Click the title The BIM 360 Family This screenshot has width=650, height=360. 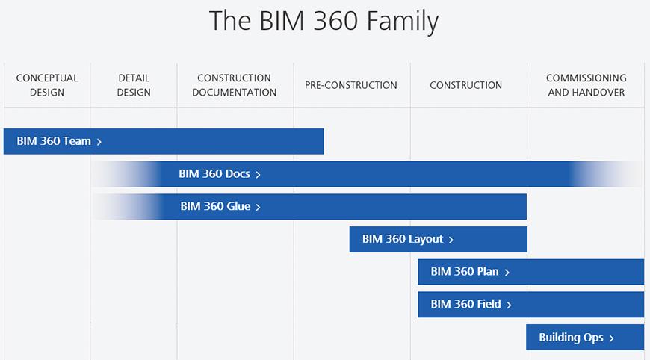tap(324, 21)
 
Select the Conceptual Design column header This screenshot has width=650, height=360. tap(47, 85)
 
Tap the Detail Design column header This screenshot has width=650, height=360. tap(134, 85)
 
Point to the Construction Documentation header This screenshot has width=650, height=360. tap(234, 85)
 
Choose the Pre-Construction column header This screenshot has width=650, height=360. tap(350, 85)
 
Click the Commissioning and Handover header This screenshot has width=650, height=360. tap(586, 85)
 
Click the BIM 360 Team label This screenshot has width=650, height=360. tap(54, 141)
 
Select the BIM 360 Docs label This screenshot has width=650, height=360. tap(214, 173)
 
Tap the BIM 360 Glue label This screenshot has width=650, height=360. tap(215, 206)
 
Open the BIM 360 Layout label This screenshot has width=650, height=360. tap(403, 239)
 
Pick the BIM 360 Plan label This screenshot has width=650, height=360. tap(464, 272)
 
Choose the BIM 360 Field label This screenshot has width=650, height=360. tap(465, 305)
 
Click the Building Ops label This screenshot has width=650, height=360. tap(571, 338)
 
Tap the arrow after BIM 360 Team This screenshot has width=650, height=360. tap(99, 142)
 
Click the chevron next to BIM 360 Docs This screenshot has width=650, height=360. tap(258, 175)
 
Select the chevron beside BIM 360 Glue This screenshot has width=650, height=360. tap(258, 207)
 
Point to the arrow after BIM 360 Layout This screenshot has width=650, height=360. tap(451, 240)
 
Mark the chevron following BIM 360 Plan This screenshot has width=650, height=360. tap(507, 273)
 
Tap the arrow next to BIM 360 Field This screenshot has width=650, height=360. tap(509, 305)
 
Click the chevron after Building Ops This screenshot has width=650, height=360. tap(611, 338)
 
